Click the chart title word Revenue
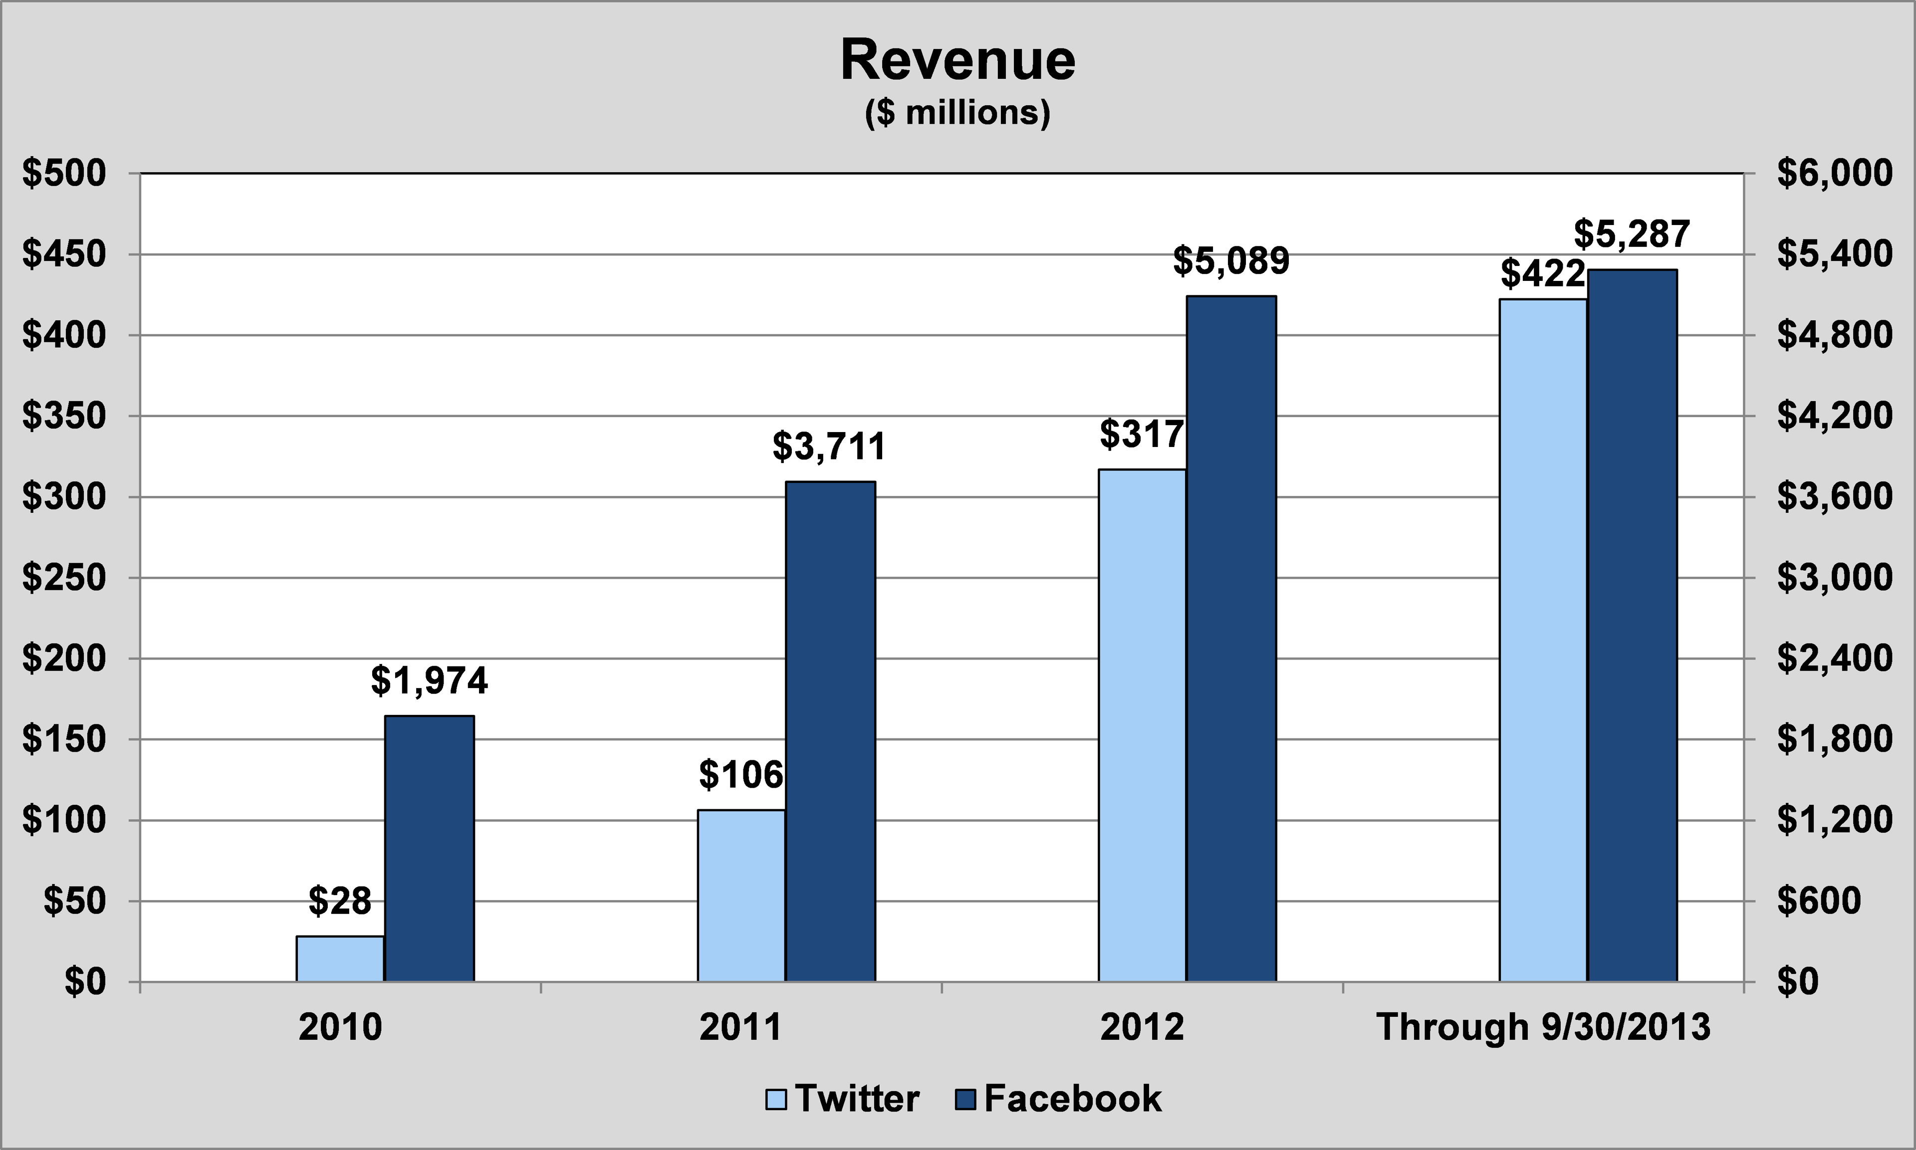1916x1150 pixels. [958, 60]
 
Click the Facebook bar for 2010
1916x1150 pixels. [429, 849]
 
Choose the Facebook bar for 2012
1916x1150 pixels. [1231, 639]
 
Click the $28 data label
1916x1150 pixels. [340, 901]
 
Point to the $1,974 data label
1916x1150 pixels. [429, 681]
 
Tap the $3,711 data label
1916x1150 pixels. [829, 447]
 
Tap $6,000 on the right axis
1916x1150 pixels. [1834, 173]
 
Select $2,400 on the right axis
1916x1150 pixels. [1834, 659]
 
